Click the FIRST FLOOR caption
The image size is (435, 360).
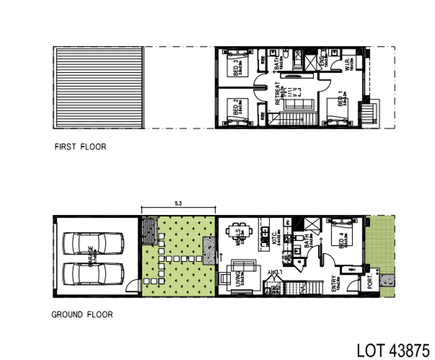pos(80,147)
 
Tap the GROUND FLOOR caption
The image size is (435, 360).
pos(82,314)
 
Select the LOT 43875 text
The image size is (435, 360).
pos(393,350)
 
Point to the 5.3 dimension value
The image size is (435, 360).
pos(178,204)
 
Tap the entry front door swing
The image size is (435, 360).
pos(353,286)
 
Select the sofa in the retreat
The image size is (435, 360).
pos(298,104)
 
